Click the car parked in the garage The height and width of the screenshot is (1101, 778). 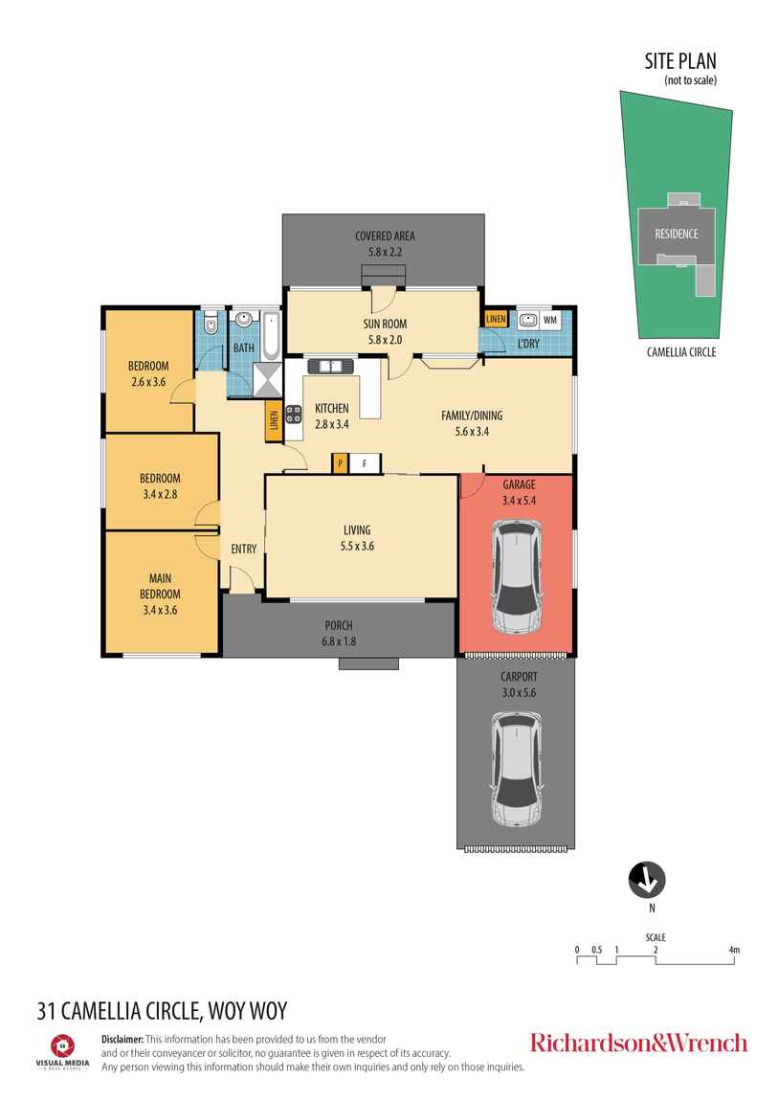coord(517,575)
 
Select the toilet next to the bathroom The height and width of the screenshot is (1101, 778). coord(211,326)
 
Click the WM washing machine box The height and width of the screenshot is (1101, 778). coord(549,320)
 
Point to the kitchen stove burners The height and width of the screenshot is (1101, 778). coord(293,415)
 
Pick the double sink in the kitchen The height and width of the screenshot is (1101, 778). coord(331,366)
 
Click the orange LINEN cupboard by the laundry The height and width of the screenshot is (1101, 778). coord(496,319)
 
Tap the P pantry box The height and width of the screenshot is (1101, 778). coord(341,463)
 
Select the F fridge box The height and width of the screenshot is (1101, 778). coord(365,463)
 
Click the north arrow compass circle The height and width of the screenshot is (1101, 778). coord(646,880)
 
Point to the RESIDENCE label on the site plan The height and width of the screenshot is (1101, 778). coord(677,234)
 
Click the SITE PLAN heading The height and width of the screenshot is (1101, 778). coord(680,61)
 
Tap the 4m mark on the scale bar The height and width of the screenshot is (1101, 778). coord(734,950)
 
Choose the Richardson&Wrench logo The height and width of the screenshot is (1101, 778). coord(638,1043)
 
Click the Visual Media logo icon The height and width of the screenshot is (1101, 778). coord(62,1045)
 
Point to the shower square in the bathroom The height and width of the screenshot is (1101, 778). coord(267,379)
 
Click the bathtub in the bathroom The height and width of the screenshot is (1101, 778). coord(272,336)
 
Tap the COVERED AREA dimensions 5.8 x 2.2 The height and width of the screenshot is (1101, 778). coord(385,252)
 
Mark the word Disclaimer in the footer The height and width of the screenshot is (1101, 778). coord(122,1039)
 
